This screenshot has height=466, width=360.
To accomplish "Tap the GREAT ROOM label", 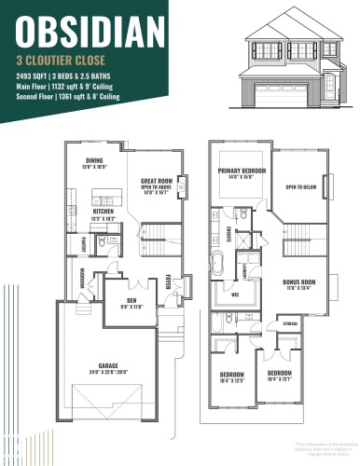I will click(x=154, y=181).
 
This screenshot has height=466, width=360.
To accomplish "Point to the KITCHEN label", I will click(x=104, y=211).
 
